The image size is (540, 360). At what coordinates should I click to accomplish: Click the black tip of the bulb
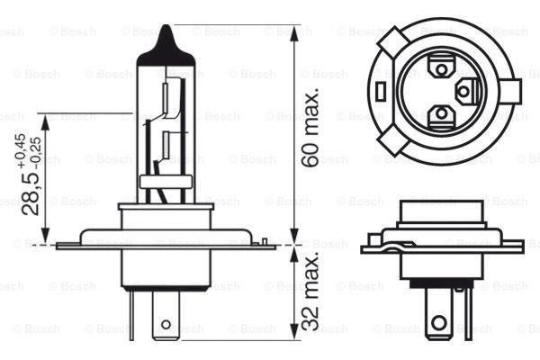click(166, 40)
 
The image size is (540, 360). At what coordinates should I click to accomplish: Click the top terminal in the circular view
click(441, 67)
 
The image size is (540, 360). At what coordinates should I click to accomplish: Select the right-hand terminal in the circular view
click(465, 90)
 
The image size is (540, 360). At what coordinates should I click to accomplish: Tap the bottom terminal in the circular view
click(441, 114)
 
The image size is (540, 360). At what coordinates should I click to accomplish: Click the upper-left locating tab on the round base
click(393, 42)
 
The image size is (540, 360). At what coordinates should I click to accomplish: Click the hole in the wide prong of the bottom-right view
click(438, 321)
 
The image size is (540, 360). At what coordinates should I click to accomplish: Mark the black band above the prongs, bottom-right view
click(441, 283)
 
